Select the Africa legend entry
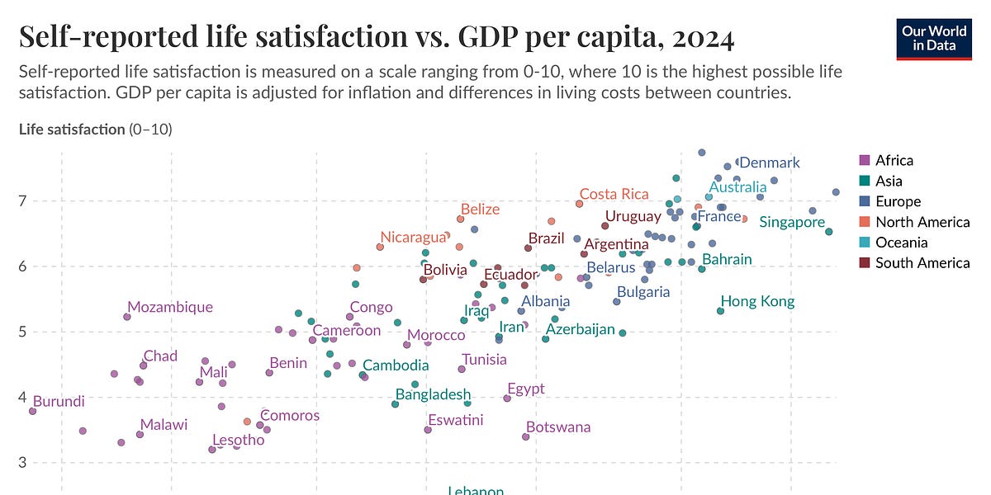coord(894,160)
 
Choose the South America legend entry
coord(922,263)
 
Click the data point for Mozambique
coord(127,317)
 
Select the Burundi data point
coord(32,411)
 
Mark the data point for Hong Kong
coord(720,311)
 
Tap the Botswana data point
coord(525,436)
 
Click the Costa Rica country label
coord(614,194)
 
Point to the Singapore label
coord(791,222)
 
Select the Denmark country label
coord(769,163)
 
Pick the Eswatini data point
coord(428,430)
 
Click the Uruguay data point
coord(605,225)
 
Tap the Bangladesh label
coord(433,394)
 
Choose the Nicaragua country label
coord(414,238)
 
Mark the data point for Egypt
coord(507,398)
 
